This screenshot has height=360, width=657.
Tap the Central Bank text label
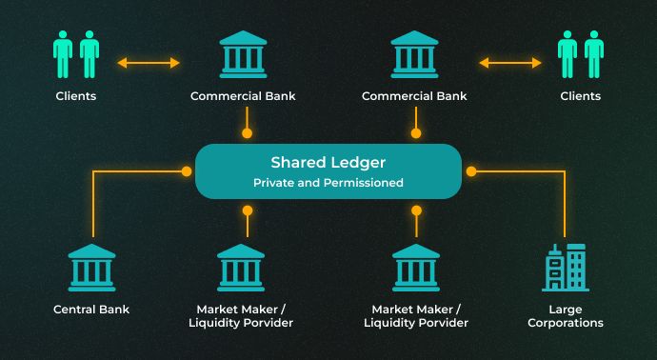pyautogui.click(x=91, y=310)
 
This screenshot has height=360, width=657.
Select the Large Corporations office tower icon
pyautogui.click(x=565, y=268)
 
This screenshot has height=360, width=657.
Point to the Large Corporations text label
pyautogui.click(x=565, y=316)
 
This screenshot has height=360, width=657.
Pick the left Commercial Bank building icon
pyautogui.click(x=244, y=54)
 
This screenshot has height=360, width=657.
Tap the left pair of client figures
pyautogui.click(x=77, y=54)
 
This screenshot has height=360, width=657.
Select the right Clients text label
pyautogui.click(x=581, y=96)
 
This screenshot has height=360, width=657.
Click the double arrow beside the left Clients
pyautogui.click(x=149, y=64)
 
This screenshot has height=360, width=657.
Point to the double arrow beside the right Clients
pyautogui.click(x=509, y=64)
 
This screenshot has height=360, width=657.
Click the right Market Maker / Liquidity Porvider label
pyautogui.click(x=415, y=316)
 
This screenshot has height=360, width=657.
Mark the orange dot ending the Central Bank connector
pyautogui.click(x=187, y=171)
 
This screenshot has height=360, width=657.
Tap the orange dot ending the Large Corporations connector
pyautogui.click(x=470, y=171)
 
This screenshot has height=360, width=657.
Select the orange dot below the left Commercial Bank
pyautogui.click(x=248, y=134)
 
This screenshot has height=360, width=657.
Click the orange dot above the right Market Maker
pyautogui.click(x=415, y=209)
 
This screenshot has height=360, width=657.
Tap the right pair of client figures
pyautogui.click(x=581, y=54)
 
